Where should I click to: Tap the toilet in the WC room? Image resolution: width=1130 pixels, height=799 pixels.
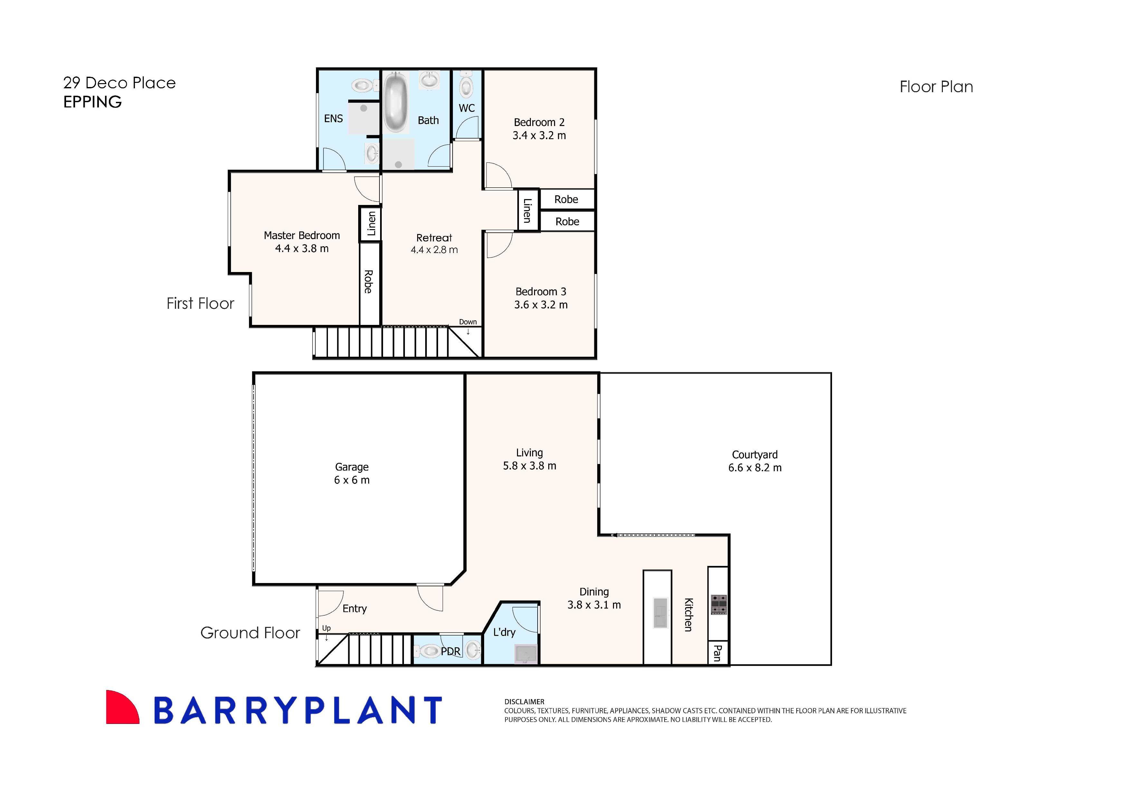[x=465, y=87]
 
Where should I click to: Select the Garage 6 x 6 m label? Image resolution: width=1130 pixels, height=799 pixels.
[x=351, y=473]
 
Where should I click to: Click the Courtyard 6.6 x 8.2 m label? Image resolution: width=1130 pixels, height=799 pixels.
[x=754, y=461]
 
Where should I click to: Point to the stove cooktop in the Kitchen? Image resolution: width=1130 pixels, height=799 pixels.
[x=719, y=605]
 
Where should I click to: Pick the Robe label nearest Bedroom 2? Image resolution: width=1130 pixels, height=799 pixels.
[x=566, y=200]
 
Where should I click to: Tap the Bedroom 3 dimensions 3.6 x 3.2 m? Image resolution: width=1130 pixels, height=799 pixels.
[x=541, y=305]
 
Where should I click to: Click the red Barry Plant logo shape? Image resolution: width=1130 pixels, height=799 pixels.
[x=120, y=708]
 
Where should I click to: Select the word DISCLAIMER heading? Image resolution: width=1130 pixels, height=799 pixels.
[x=524, y=702]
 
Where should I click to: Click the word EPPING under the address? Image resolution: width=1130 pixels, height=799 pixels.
[x=92, y=102]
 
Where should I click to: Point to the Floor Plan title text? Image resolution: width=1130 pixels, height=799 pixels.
[x=936, y=87]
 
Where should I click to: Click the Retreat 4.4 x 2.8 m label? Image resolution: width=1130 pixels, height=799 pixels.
[x=434, y=244]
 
